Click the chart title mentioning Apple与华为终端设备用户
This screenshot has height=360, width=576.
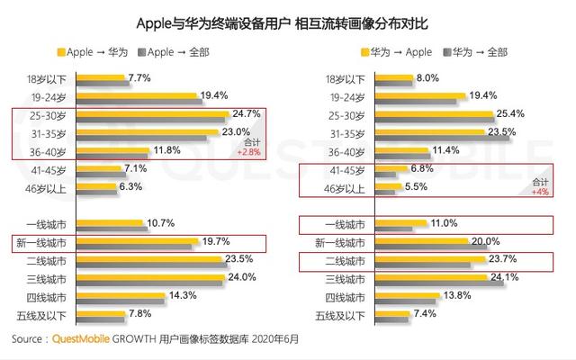tap(288, 20)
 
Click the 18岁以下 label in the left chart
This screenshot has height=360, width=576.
tap(52, 79)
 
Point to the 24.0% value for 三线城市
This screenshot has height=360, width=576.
tap(243, 277)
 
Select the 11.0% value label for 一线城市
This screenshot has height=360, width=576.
tap(445, 222)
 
